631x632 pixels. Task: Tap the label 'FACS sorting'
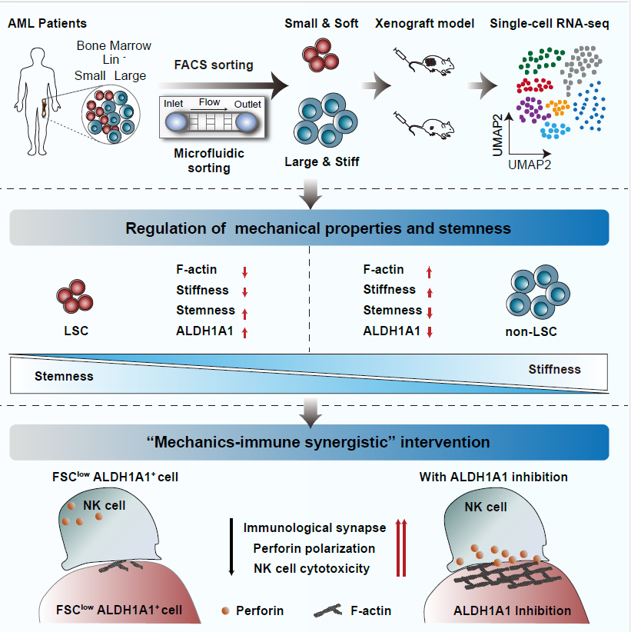pyautogui.click(x=214, y=65)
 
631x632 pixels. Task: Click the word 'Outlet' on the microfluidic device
pyautogui.click(x=247, y=104)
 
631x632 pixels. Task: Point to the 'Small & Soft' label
pyautogui.click(x=321, y=24)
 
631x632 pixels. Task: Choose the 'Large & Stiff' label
pyautogui.click(x=321, y=162)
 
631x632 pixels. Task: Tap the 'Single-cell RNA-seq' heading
pyautogui.click(x=550, y=24)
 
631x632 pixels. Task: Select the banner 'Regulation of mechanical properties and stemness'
pyautogui.click(x=310, y=228)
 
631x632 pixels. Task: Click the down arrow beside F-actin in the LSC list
pyautogui.click(x=244, y=271)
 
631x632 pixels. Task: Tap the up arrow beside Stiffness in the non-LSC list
pyautogui.click(x=429, y=291)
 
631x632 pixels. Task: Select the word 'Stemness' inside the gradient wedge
pyautogui.click(x=64, y=376)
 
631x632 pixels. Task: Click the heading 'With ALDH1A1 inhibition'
pyautogui.click(x=493, y=477)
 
